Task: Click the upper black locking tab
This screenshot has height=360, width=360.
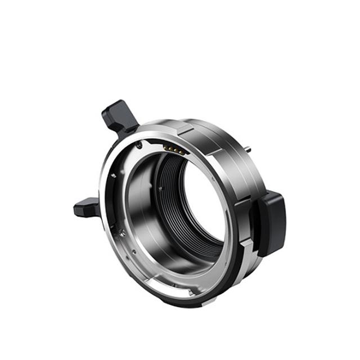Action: (120, 116)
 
